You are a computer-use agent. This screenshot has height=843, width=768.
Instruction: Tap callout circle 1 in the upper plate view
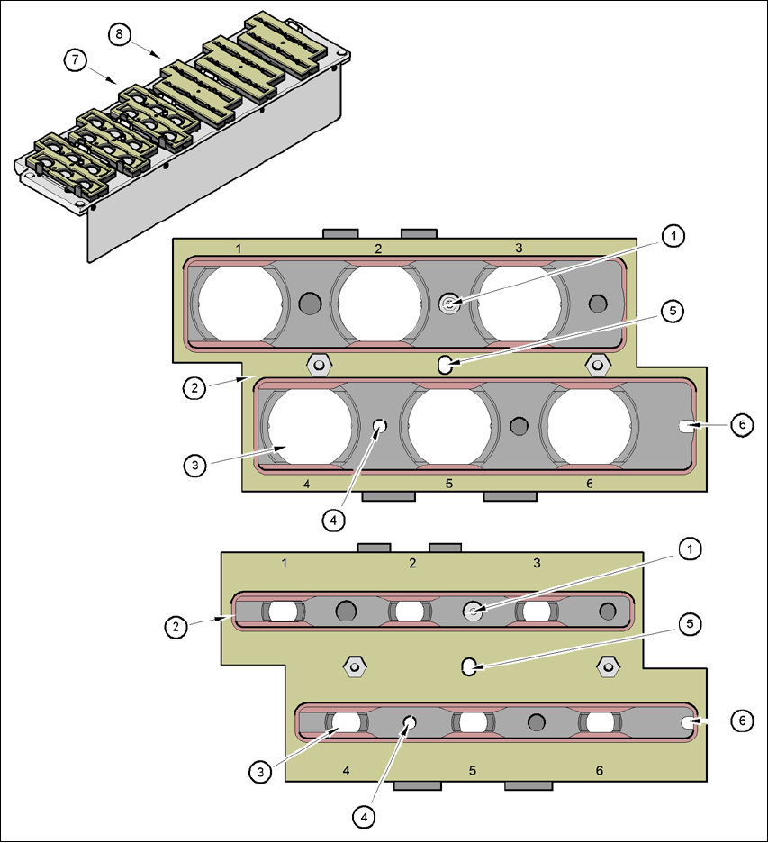(672, 236)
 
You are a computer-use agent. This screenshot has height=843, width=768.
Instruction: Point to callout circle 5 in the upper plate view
(672, 312)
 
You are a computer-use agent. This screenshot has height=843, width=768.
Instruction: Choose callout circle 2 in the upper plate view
(194, 389)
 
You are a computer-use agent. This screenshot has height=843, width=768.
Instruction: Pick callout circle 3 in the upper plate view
(194, 465)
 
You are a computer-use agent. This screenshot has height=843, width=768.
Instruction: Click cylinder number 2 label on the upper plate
(378, 248)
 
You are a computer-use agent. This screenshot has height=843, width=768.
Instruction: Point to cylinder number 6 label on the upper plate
(590, 484)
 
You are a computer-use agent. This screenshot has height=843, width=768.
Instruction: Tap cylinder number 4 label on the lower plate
(347, 771)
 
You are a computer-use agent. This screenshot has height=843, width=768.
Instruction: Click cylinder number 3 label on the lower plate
(537, 564)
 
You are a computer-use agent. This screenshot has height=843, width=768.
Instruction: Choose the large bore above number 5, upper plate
(448, 424)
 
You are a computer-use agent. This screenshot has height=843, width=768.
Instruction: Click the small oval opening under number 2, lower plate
(410, 611)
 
